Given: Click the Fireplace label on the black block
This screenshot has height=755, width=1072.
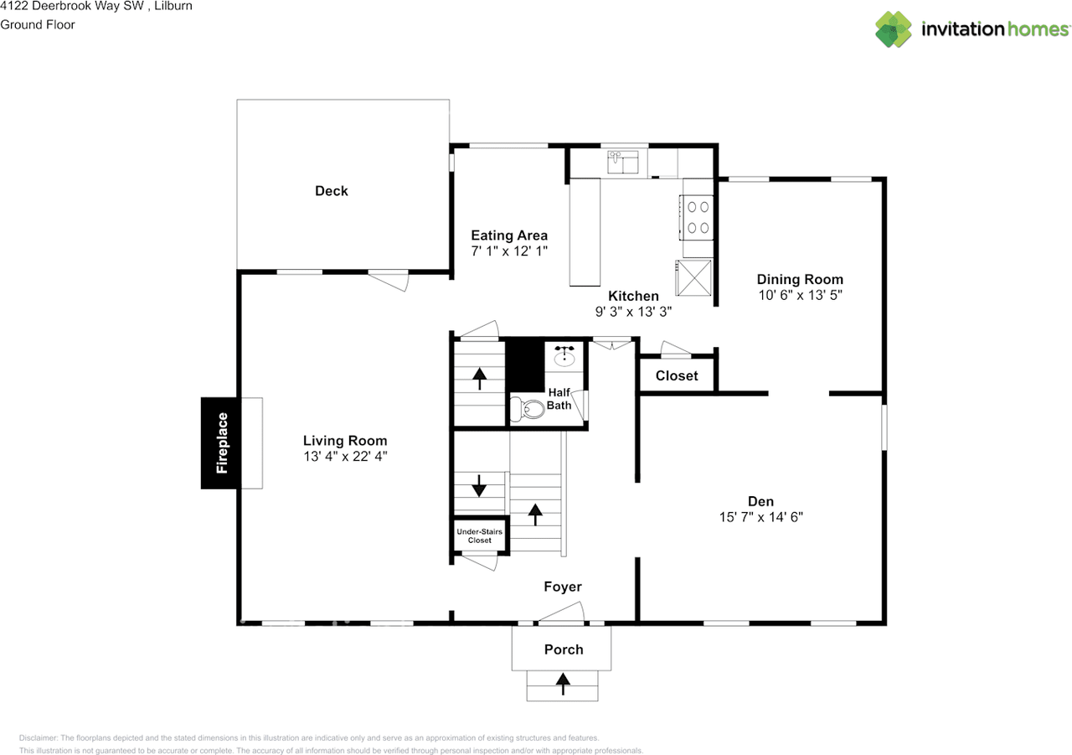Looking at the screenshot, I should [x=222, y=442].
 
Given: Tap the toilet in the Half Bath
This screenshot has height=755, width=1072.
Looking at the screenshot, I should [x=529, y=410].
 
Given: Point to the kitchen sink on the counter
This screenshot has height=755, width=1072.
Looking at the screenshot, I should [x=623, y=160].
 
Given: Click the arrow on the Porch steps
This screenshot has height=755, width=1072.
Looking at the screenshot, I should [x=562, y=685].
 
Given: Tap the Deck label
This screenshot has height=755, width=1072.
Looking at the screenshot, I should [x=331, y=191].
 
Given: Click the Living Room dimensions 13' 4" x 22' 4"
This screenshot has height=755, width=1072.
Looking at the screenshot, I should [x=345, y=457].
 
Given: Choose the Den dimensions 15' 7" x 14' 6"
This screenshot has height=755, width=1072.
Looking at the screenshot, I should [x=760, y=517].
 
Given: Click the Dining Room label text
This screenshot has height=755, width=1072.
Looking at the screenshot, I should [x=800, y=279].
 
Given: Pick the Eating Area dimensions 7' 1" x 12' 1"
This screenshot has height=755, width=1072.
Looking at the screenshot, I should [x=509, y=251].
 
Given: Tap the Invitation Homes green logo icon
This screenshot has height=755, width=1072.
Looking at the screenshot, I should [x=894, y=29].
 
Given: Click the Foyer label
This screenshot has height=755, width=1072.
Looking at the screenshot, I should [x=562, y=587].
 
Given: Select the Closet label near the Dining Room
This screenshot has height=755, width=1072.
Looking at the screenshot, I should [x=677, y=375].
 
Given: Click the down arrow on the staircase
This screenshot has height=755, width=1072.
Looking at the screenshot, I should [x=478, y=486].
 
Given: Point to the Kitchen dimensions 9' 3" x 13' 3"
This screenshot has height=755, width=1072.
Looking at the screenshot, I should [x=633, y=311].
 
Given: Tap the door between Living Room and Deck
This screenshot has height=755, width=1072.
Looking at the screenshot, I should [x=389, y=279].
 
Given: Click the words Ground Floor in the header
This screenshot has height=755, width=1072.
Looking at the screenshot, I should [x=38, y=24].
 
